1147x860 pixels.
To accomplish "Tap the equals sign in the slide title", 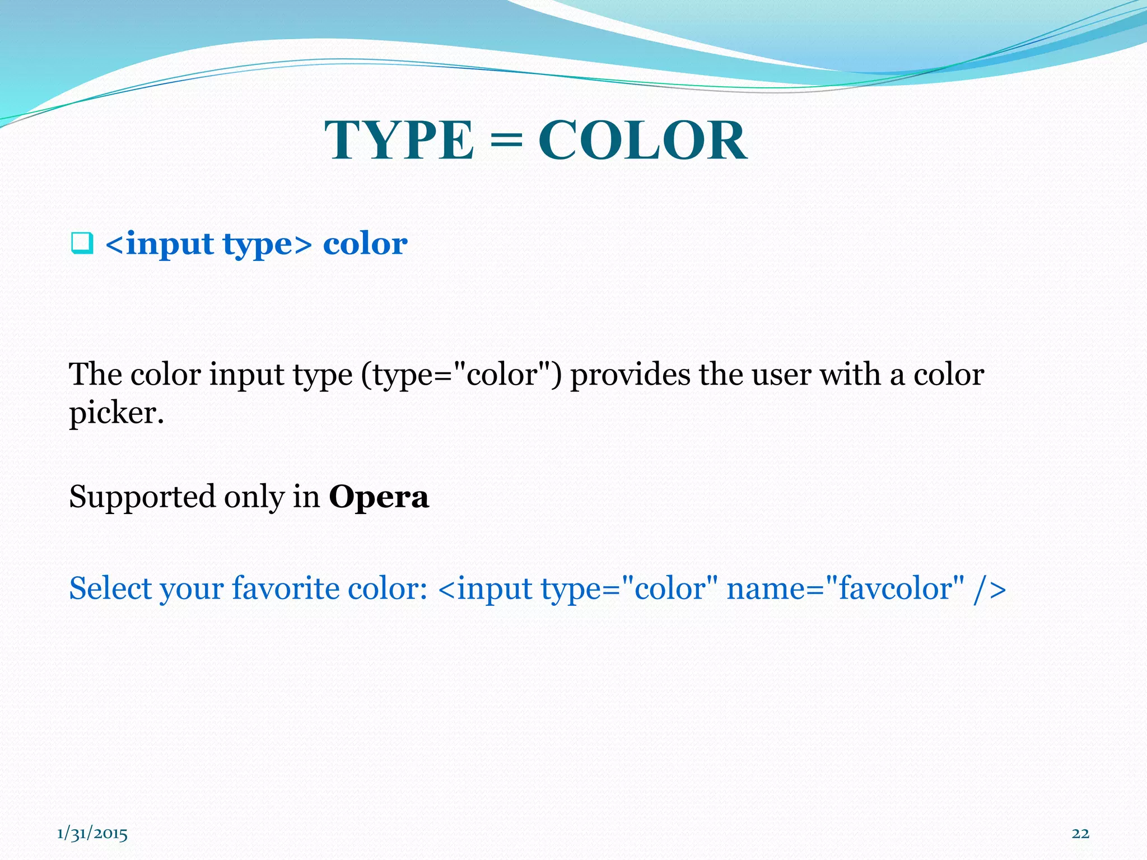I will (506, 141).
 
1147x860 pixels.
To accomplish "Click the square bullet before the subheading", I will (81, 244).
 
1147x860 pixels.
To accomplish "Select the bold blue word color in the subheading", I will (365, 244).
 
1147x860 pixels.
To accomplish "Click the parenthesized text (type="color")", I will (461, 374).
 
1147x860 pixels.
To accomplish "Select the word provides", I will (630, 374).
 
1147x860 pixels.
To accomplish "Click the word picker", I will (116, 413).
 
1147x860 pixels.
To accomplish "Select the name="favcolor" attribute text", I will (845, 588).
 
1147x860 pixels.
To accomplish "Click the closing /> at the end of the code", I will (990, 589).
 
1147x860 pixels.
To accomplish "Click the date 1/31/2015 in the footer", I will (92, 834).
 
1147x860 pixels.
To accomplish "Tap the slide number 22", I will (1080, 834).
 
